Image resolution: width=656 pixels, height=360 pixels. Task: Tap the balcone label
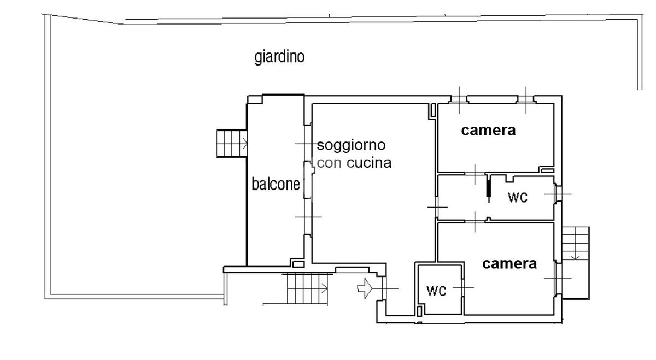276,184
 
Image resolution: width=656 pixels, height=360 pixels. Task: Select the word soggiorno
351,146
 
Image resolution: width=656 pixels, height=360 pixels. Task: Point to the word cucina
369,163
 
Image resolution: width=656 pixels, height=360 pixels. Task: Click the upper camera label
488,131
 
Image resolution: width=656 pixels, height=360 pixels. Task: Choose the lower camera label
509,264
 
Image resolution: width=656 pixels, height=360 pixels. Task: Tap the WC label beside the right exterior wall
518,198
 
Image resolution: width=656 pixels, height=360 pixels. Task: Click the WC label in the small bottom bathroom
436,291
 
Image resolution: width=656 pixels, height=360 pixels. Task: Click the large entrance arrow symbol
365,288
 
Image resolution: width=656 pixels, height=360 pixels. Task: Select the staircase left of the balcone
232,144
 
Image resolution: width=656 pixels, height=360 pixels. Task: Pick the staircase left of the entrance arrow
307,288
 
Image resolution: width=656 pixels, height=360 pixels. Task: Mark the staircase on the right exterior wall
576,263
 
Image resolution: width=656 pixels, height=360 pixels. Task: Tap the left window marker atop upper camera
459,101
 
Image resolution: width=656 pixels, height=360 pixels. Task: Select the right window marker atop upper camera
526,101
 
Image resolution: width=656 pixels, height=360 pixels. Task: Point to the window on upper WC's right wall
558,194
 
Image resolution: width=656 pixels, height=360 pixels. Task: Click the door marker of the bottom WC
463,288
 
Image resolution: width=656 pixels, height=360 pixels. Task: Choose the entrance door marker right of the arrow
384,288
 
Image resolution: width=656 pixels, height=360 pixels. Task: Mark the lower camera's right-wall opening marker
558,279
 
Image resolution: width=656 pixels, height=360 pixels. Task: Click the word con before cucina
329,163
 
